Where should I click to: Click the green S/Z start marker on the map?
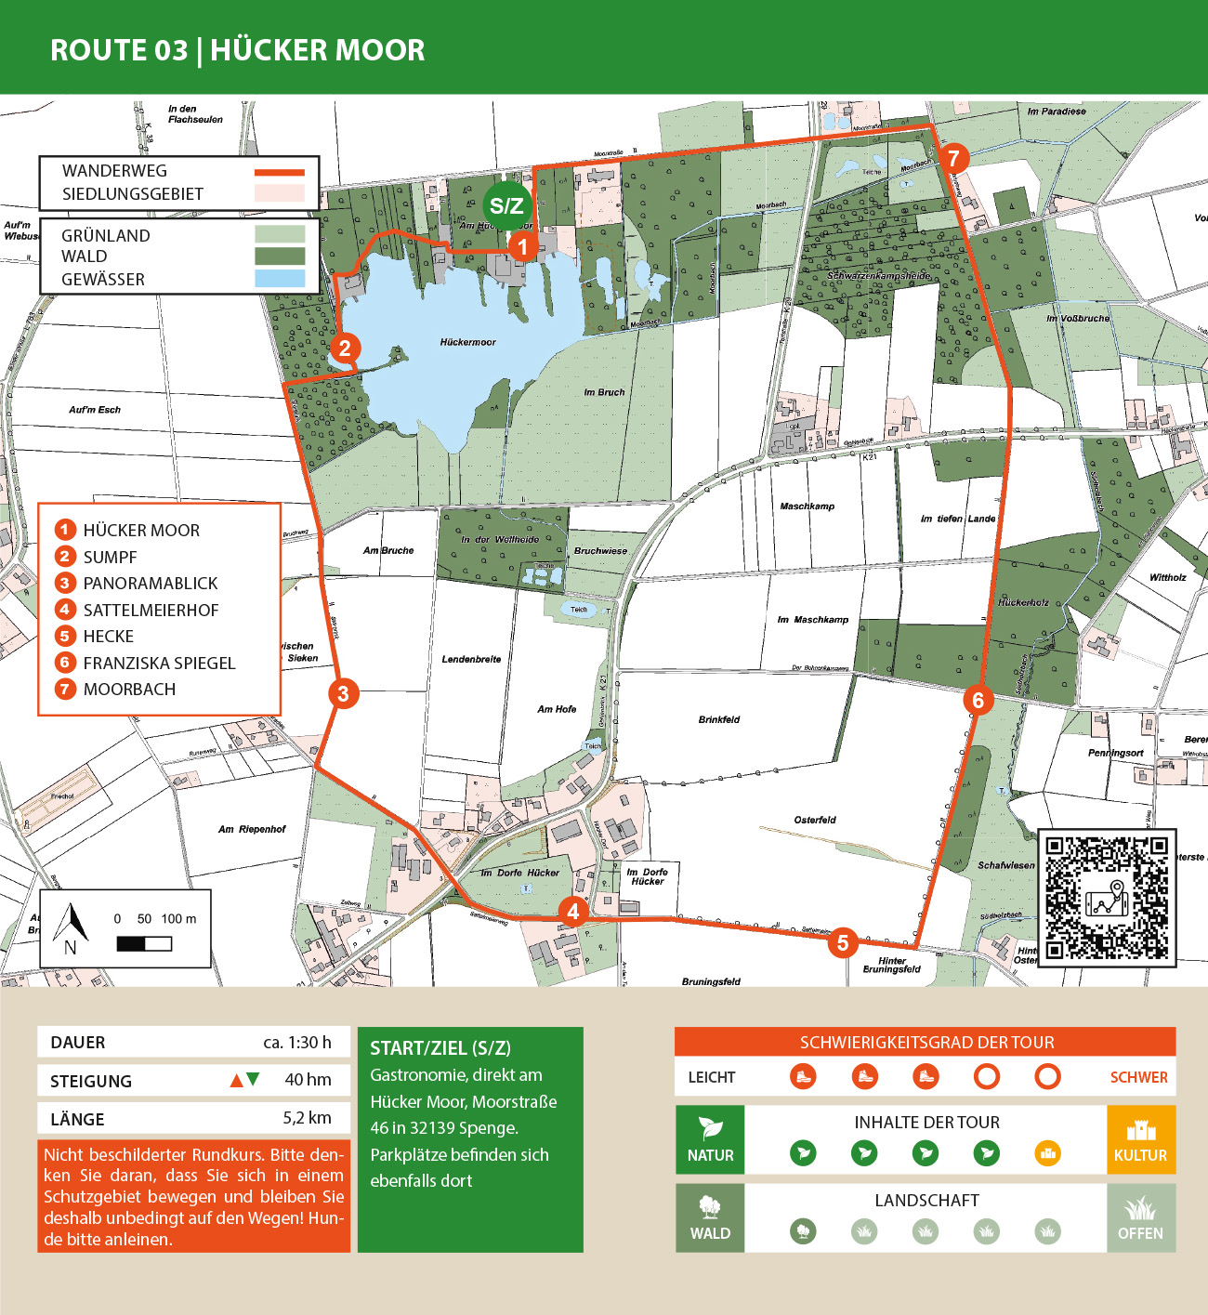click(506, 206)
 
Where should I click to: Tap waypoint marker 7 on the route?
click(952, 158)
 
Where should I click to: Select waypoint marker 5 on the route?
click(843, 942)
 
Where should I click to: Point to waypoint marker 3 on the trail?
click(343, 693)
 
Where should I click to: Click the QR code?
click(1106, 898)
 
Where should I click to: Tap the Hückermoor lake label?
click(467, 342)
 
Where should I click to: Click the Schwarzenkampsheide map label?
click(878, 276)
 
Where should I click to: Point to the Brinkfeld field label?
click(719, 719)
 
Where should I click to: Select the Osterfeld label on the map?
click(815, 820)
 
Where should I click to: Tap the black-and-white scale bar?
click(144, 944)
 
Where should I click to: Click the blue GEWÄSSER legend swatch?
click(280, 279)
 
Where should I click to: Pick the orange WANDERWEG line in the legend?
click(280, 172)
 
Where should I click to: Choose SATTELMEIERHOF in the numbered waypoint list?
click(151, 610)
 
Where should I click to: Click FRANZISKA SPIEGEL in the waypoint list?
click(159, 663)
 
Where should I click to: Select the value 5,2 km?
click(307, 1118)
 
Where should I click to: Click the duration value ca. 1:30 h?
click(296, 1042)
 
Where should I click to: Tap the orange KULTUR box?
click(1140, 1139)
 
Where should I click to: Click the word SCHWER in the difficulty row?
click(1138, 1077)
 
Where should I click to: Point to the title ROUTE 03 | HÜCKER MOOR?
click(238, 50)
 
